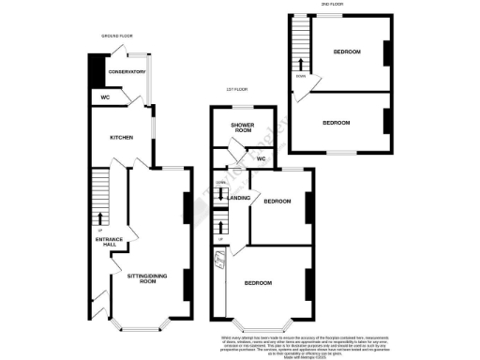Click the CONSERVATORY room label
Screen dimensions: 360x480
[127, 71]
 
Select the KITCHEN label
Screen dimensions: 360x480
[122, 138]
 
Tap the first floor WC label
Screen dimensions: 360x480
[262, 159]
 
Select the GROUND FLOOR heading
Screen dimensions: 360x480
[118, 37]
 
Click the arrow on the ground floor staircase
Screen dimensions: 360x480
[100, 217]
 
